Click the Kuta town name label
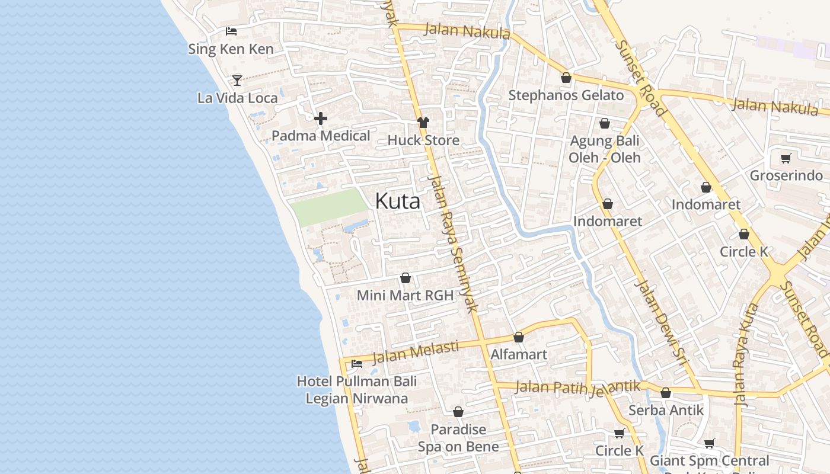(x=398, y=201)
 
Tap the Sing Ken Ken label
(x=231, y=49)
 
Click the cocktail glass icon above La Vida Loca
(x=237, y=80)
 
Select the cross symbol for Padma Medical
(x=321, y=118)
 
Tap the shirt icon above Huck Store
(x=423, y=123)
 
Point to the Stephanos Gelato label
(x=566, y=95)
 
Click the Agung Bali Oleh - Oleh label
(x=605, y=149)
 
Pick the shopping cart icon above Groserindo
(x=786, y=158)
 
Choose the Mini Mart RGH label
(x=405, y=295)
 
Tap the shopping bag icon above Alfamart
(x=519, y=337)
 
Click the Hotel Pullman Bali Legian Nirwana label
(x=357, y=390)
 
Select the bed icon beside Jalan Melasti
(x=357, y=363)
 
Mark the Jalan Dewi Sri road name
(x=659, y=317)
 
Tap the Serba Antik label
(x=666, y=410)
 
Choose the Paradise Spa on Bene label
(x=458, y=438)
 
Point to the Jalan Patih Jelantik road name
(x=578, y=387)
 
